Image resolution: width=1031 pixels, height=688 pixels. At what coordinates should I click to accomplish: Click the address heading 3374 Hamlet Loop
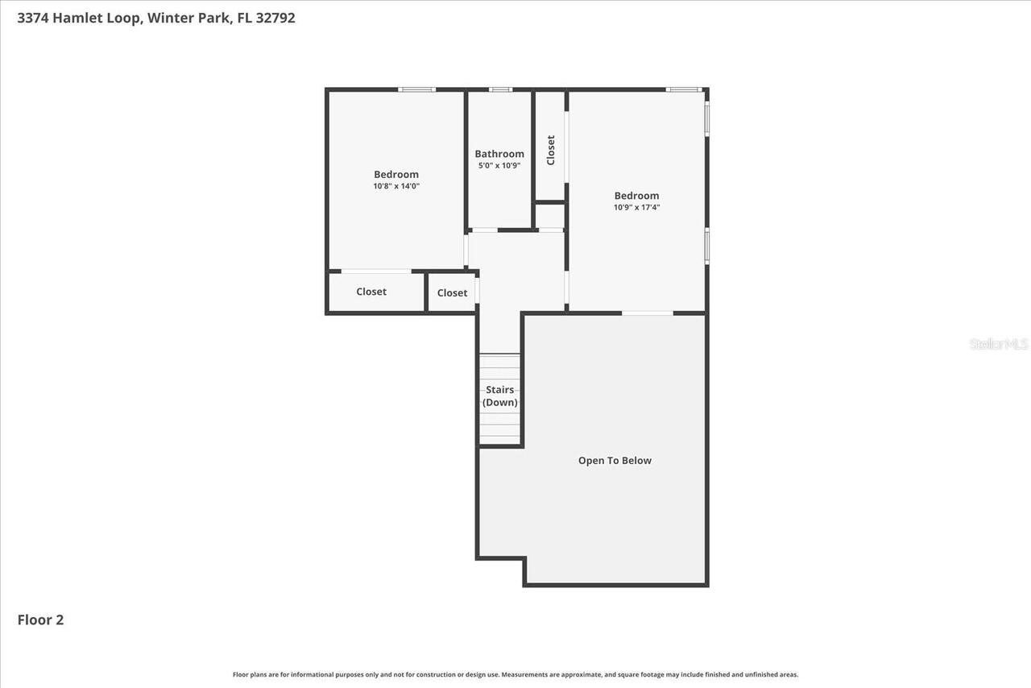(155, 18)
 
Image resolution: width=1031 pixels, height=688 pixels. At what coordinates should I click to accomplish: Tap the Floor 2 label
(40, 620)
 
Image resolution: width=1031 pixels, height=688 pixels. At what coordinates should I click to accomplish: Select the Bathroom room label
(499, 154)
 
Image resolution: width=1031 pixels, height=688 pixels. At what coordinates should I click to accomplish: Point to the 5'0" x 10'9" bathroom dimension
(499, 166)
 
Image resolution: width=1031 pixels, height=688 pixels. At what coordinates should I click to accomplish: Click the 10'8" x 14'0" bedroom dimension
(396, 186)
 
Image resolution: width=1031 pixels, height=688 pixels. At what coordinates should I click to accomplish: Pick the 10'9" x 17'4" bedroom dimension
(636, 207)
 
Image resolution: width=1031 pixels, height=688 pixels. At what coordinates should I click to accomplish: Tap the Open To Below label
(615, 461)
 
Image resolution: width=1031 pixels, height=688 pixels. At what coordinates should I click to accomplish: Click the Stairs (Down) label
(500, 396)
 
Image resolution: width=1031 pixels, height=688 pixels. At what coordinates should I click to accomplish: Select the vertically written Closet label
(551, 150)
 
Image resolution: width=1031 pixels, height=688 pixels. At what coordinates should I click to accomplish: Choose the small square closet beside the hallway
(452, 292)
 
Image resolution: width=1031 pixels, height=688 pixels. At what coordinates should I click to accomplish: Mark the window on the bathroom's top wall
(500, 89)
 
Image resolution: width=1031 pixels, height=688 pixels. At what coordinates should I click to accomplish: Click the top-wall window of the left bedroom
(416, 89)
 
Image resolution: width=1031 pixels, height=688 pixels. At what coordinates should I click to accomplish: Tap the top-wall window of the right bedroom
(683, 89)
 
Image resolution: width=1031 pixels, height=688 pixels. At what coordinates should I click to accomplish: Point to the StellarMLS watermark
(999, 344)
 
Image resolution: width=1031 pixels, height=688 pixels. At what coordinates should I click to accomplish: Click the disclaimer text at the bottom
(515, 674)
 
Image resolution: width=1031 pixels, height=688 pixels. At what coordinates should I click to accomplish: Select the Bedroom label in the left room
(396, 174)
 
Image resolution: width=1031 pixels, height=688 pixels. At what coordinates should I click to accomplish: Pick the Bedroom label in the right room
(636, 195)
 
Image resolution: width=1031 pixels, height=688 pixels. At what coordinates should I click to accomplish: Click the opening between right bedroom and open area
(648, 313)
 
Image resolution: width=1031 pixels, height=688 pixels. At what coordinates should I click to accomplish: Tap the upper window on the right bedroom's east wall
(707, 118)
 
